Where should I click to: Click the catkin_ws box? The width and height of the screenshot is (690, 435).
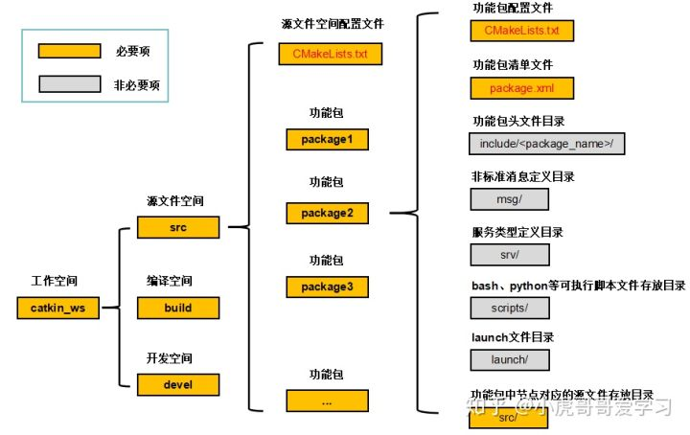point(57,308)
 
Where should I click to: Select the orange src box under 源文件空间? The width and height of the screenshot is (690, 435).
point(178,227)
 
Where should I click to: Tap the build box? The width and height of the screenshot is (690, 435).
point(178,308)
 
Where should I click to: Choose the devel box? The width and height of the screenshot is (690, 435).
point(178,384)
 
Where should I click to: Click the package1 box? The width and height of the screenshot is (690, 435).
point(327,139)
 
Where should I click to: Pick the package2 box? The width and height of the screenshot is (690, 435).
point(327,212)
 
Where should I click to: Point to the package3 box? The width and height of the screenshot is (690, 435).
point(327,286)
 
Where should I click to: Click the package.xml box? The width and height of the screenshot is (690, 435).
point(521,89)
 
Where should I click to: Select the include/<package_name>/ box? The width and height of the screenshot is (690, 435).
point(546,144)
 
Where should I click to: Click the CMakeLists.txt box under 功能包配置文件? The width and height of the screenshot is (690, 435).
point(521,31)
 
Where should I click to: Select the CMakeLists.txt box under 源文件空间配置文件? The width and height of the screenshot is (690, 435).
point(330,53)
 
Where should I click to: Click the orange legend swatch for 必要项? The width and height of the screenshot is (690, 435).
point(64,51)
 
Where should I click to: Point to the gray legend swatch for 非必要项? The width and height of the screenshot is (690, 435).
point(64,84)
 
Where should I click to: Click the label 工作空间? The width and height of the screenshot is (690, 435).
point(55,282)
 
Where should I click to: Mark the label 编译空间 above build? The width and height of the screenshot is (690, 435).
point(170,281)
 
